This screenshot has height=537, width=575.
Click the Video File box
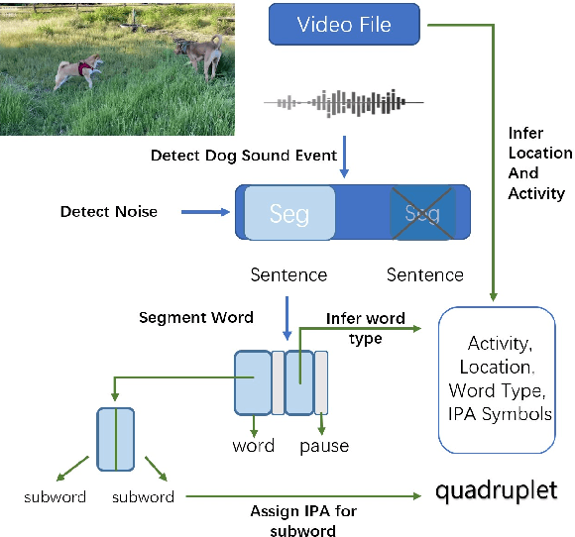[344, 24]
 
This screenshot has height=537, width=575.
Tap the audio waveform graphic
[342, 101]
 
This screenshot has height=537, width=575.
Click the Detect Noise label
[109, 211]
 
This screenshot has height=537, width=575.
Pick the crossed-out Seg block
[422, 213]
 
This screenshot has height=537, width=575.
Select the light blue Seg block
[289, 213]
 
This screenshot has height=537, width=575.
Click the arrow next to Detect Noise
[205, 211]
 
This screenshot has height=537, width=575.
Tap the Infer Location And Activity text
[539, 162]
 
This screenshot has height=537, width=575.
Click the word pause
[324, 446]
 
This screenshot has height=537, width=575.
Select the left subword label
[56, 496]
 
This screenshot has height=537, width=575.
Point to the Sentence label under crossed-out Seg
[424, 274]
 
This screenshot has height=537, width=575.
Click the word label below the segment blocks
[253, 446]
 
